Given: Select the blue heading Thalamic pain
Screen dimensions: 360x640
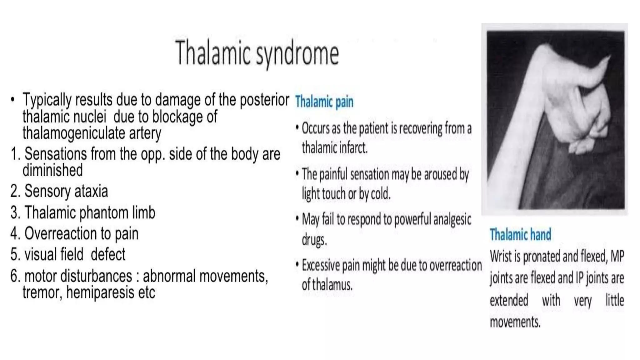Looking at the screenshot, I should coord(324,102).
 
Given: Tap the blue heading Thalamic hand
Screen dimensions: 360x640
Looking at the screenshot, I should coord(520,235).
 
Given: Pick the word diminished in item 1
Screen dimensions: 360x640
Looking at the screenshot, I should coord(52,170).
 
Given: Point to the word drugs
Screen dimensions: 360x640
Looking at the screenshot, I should coord(314,240).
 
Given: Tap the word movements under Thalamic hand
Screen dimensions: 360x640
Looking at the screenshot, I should coord(515,322).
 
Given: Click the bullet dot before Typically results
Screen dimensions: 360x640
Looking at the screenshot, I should coord(12,100).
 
